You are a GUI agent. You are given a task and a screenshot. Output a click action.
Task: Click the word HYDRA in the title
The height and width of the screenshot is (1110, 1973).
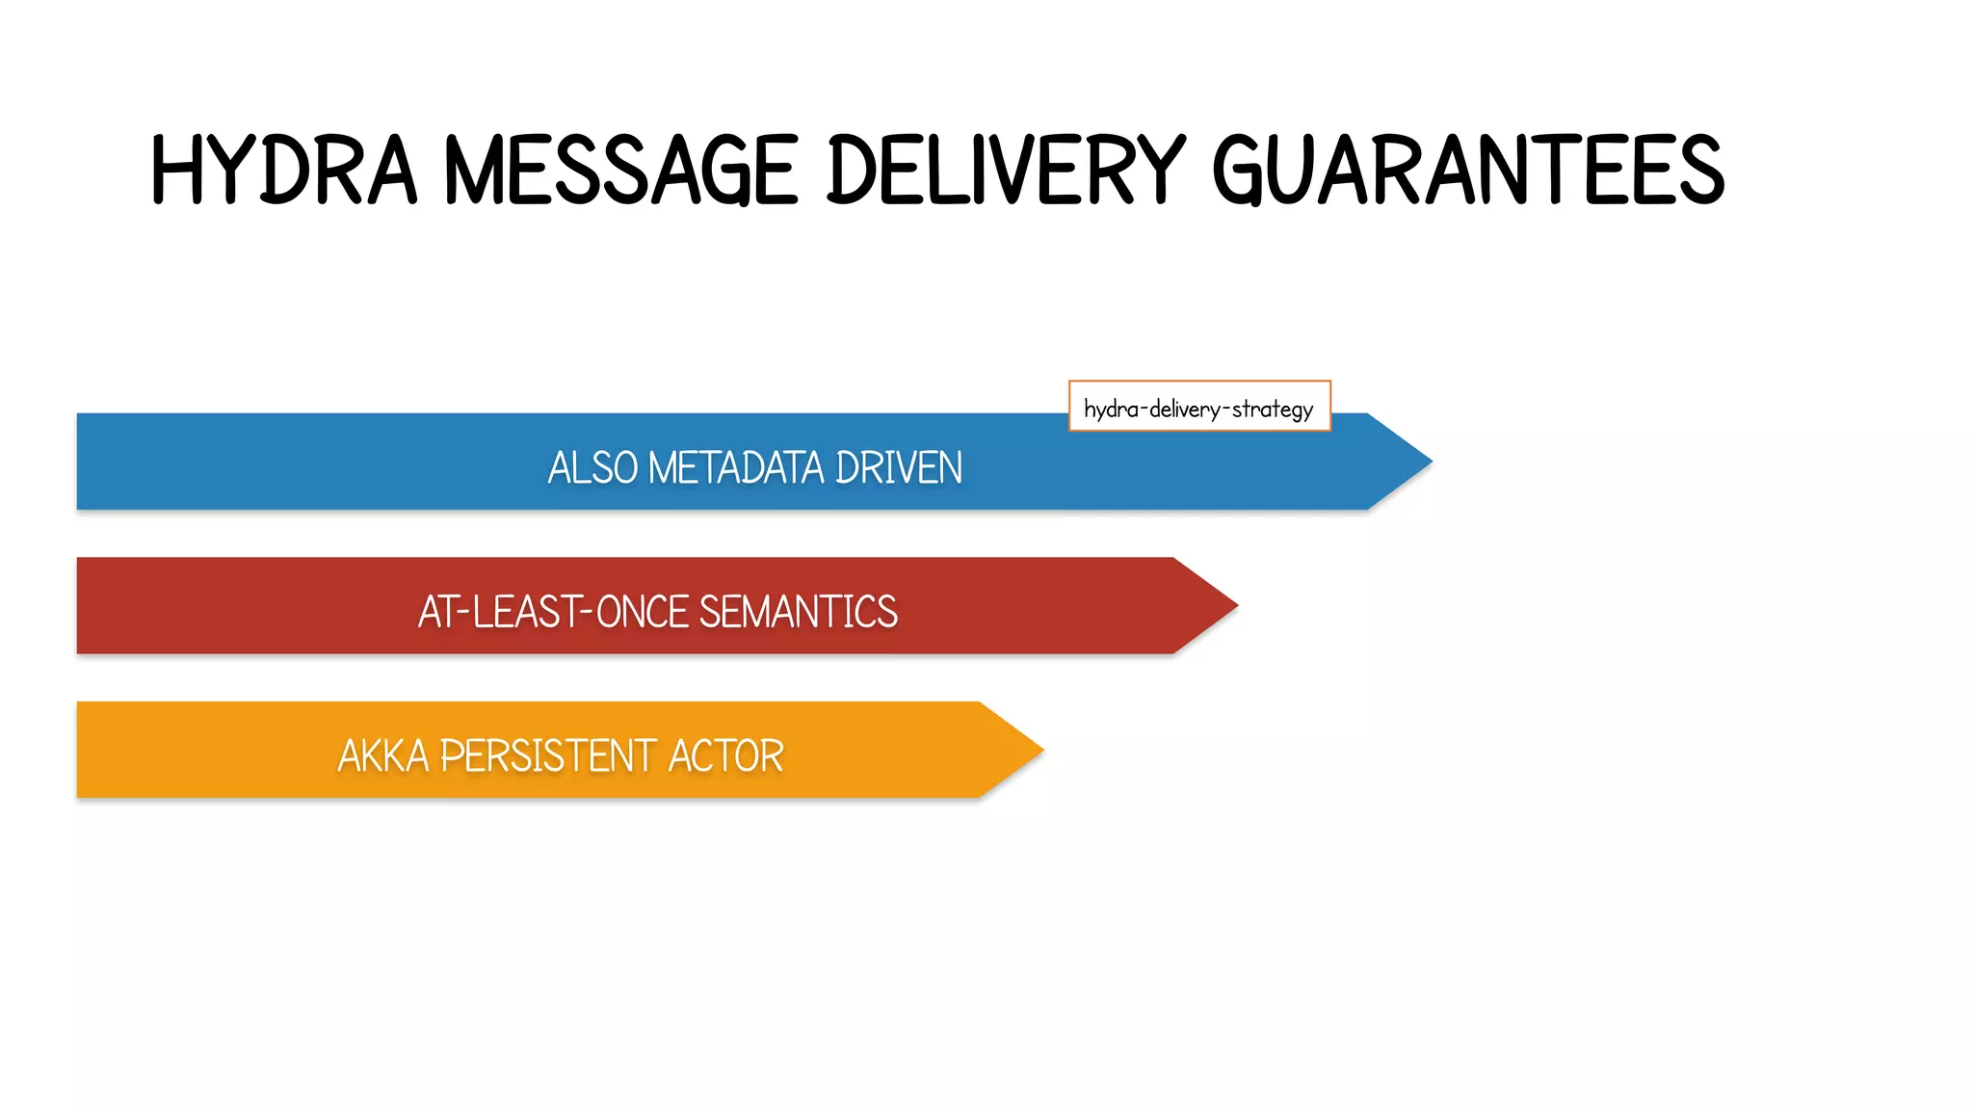(284, 171)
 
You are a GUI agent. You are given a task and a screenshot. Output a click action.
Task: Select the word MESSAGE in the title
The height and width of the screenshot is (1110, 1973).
(621, 171)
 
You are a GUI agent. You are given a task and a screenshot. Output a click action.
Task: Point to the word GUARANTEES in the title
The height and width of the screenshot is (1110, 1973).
(1467, 171)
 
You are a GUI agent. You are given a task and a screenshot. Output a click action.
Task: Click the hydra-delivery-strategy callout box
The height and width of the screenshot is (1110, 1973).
(1198, 406)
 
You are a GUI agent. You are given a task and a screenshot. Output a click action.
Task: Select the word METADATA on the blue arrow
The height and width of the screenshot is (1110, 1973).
(736, 468)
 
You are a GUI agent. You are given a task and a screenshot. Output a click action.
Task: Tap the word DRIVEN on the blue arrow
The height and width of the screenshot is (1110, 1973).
(898, 468)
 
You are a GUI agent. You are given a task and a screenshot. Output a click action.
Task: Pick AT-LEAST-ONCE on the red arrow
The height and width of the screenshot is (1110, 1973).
(553, 612)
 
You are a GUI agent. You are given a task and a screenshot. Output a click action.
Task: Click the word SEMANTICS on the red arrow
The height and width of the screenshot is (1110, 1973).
(798, 612)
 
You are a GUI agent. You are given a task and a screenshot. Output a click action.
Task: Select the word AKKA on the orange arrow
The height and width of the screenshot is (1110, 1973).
(382, 756)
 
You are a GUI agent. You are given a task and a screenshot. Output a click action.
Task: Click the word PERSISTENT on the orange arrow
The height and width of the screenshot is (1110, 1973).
(547, 756)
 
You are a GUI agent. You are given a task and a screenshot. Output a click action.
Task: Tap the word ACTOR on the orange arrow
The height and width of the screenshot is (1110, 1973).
(725, 756)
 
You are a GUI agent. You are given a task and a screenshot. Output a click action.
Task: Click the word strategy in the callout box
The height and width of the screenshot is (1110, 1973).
(1272, 410)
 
